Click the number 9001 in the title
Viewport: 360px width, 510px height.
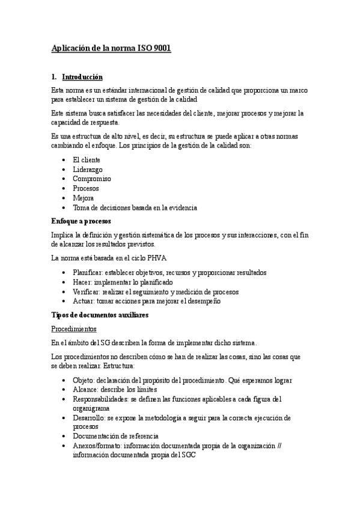tap(162, 48)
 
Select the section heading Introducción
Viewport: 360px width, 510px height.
tap(82, 77)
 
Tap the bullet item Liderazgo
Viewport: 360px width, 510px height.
tap(87, 170)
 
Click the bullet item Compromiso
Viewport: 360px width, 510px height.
tap(92, 179)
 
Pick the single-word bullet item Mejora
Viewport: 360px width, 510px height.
tap(84, 198)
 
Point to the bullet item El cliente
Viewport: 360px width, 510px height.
tap(87, 160)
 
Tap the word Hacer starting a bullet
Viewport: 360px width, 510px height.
tap(82, 281)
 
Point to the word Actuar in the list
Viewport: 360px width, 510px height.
tap(84, 301)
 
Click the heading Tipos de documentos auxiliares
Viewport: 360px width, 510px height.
tap(100, 315)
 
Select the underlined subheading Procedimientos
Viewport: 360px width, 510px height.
tap(73, 329)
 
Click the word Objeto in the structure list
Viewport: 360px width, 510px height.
tap(84, 380)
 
